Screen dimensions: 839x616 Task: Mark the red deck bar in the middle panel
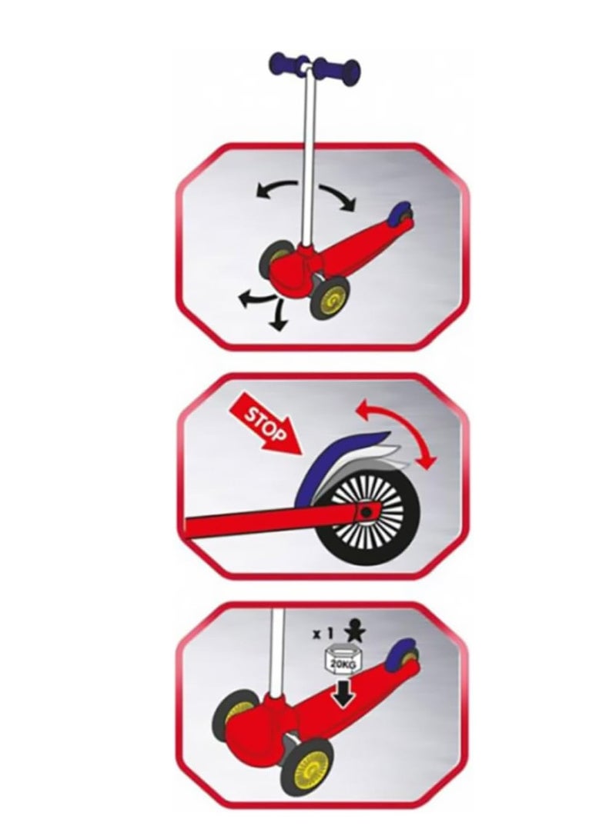coord(262,522)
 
